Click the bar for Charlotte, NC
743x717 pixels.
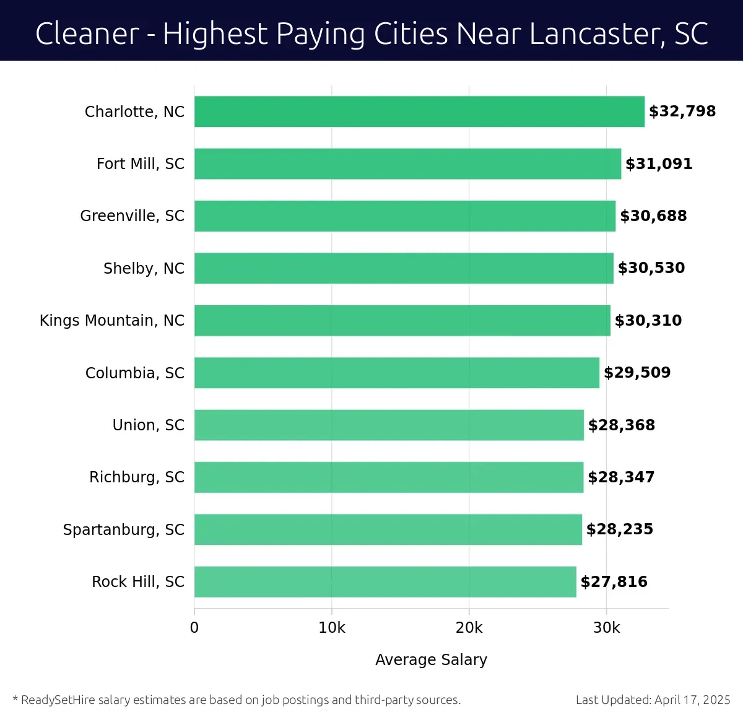pyautogui.click(x=419, y=111)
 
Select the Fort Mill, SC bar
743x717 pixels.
pyautogui.click(x=407, y=164)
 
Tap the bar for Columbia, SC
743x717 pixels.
pyautogui.click(x=396, y=373)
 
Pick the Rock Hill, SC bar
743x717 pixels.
pyautogui.click(x=385, y=582)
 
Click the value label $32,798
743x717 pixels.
pyautogui.click(x=682, y=111)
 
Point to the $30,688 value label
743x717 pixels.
pyautogui.click(x=653, y=216)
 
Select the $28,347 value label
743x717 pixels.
pyautogui.click(x=621, y=477)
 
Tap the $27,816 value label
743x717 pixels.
pyautogui.click(x=614, y=582)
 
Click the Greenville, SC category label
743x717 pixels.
pyautogui.click(x=132, y=216)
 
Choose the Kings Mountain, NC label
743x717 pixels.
pyautogui.click(x=112, y=321)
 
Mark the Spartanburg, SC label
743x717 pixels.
pyautogui.click(x=123, y=530)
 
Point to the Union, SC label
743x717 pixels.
pyautogui.click(x=148, y=425)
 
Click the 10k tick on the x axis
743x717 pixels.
pyautogui.click(x=332, y=628)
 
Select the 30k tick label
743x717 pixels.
pyautogui.click(x=606, y=628)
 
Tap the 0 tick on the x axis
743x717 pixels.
pyautogui.click(x=194, y=628)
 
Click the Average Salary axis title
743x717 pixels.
pyautogui.click(x=431, y=660)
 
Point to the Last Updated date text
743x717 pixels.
pyautogui.click(x=653, y=700)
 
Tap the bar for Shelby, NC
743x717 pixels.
pyautogui.click(x=404, y=269)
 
